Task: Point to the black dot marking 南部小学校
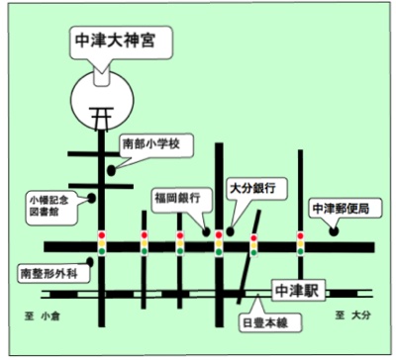coord(111,170)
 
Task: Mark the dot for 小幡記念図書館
coord(93,198)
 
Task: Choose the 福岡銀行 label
coord(176,198)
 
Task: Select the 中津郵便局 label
coord(340,209)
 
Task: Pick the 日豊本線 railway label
coord(265,321)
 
